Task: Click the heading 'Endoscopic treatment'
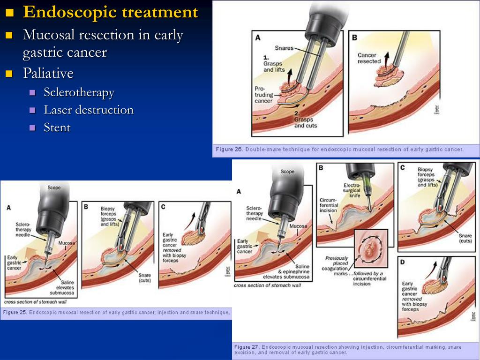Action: [110, 13]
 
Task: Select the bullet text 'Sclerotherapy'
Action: [79, 92]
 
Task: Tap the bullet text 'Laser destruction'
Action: [89, 110]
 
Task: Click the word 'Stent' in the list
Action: [57, 127]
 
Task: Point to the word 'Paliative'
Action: [48, 74]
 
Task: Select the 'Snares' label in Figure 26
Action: [284, 47]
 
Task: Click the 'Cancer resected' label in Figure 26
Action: [369, 58]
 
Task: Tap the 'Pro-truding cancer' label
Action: [263, 94]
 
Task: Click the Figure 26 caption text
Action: [339, 150]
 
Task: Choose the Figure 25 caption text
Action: [117, 312]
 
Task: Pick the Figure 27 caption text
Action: [347, 350]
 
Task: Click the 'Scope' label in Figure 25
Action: [54, 188]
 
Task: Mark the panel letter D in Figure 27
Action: [403, 262]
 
